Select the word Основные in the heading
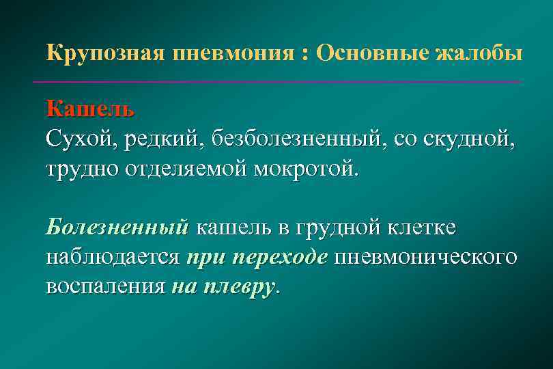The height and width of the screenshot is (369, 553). tap(371, 53)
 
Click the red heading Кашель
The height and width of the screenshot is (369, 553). tap(90, 109)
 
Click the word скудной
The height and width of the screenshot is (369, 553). tap(470, 139)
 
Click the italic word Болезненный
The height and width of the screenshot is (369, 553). tap(117, 227)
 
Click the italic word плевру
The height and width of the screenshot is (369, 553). tap(240, 286)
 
